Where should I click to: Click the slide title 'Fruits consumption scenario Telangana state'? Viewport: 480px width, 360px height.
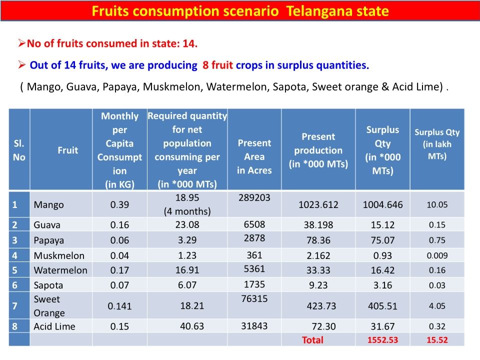tap(240, 11)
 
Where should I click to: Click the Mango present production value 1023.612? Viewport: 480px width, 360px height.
tap(318, 204)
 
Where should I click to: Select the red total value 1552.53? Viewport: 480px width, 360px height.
tap(382, 340)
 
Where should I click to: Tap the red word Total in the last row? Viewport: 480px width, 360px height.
tap(312, 340)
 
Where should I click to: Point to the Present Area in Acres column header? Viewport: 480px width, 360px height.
tap(254, 156)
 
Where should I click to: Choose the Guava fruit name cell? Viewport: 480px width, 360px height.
tap(47, 225)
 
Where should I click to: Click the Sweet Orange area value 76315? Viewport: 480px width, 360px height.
tap(254, 298)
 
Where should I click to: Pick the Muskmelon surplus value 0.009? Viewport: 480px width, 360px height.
tap(437, 255)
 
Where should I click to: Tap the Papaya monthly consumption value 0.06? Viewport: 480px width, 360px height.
tap(119, 240)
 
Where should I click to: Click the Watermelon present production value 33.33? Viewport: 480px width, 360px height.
tap(318, 270)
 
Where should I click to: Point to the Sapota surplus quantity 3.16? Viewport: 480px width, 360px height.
tap(382, 285)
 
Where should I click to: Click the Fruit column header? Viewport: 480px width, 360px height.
tap(67, 150)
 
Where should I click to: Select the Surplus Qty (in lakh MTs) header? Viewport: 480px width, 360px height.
tap(437, 144)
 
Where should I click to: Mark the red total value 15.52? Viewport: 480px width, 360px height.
tap(437, 340)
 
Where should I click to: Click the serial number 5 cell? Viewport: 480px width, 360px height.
tap(15, 270)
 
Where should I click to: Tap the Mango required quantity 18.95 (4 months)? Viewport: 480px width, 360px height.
tap(187, 204)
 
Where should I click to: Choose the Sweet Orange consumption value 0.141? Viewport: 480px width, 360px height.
tap(119, 306)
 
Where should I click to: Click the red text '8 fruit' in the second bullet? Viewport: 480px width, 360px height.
tap(216, 65)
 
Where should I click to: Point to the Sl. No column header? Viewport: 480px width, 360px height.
tap(19, 150)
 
